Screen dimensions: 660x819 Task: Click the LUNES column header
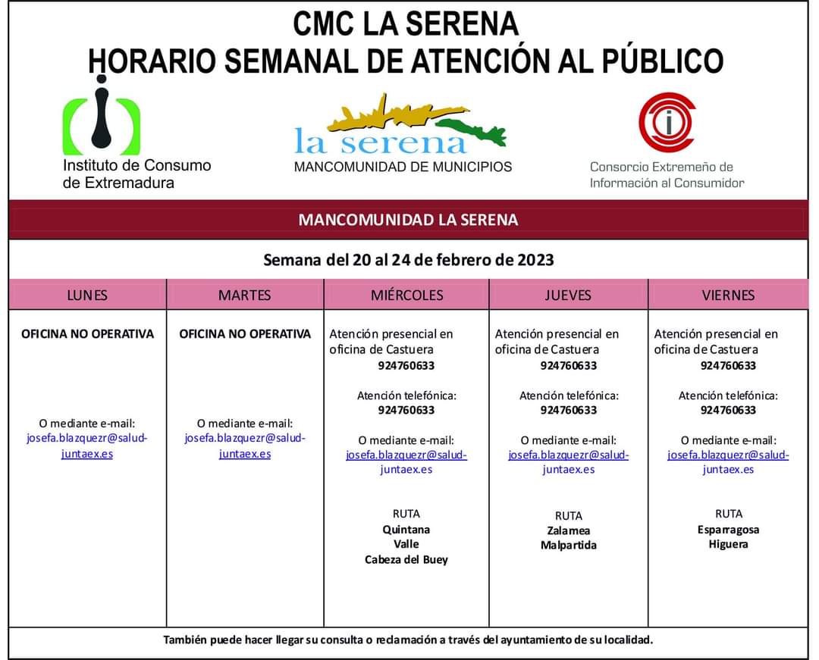tap(87, 295)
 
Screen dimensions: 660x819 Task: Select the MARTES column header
tap(244, 295)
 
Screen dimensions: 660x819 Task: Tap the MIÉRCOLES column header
tap(406, 295)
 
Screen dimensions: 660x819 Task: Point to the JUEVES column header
tap(567, 295)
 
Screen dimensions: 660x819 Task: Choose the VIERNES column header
tap(728, 295)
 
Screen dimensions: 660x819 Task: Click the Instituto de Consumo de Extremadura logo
tap(101, 120)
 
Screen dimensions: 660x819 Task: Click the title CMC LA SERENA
tap(406, 24)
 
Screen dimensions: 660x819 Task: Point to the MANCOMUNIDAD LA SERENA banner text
tap(408, 220)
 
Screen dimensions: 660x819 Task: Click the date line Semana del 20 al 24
tap(408, 260)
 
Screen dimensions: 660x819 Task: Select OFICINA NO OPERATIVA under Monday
tap(87, 333)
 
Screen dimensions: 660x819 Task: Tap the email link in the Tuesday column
tap(244, 446)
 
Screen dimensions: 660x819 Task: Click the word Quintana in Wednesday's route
tap(406, 530)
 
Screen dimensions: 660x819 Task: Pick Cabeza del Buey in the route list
tap(406, 560)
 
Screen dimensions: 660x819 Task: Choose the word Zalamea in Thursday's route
tap(568, 530)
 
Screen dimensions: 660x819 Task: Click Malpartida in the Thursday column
tap(568, 546)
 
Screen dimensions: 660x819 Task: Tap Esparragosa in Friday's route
tap(728, 530)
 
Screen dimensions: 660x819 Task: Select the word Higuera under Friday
tap(728, 544)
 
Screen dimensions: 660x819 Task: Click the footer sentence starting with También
tap(408, 640)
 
